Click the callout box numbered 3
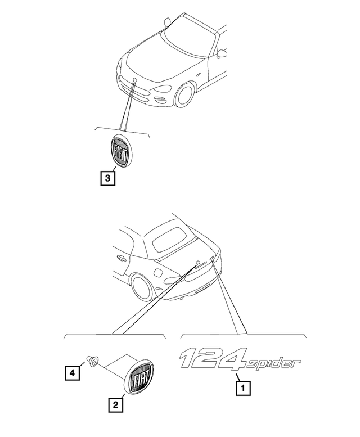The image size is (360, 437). tap(107, 178)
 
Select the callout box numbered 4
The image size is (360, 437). tap(72, 373)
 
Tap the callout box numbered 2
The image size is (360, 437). tap(116, 405)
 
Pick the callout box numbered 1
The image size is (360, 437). tap(243, 388)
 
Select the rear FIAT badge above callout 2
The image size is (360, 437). tap(139, 376)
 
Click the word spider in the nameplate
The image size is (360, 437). tap(273, 364)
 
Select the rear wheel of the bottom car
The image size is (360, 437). tap(143, 287)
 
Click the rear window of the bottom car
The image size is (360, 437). tap(170, 239)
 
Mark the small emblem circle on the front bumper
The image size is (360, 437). tap(134, 80)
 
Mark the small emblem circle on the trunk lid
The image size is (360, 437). tap(198, 263)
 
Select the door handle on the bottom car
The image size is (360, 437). tap(120, 258)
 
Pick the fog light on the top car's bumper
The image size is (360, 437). tap(160, 98)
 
